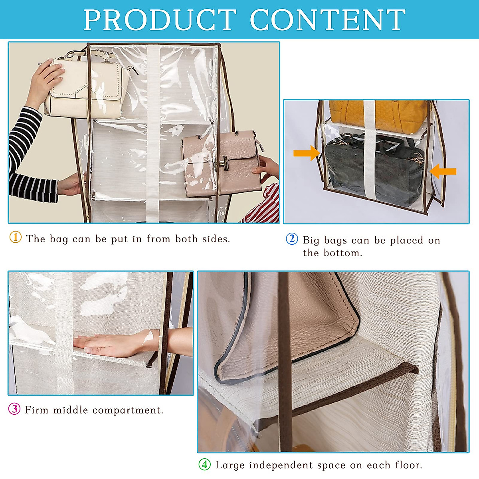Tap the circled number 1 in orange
(15, 238)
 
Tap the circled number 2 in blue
(292, 239)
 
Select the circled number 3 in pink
(14, 409)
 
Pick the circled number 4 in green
(204, 464)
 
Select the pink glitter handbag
(222, 164)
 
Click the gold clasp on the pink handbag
(223, 164)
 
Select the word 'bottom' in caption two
(342, 253)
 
